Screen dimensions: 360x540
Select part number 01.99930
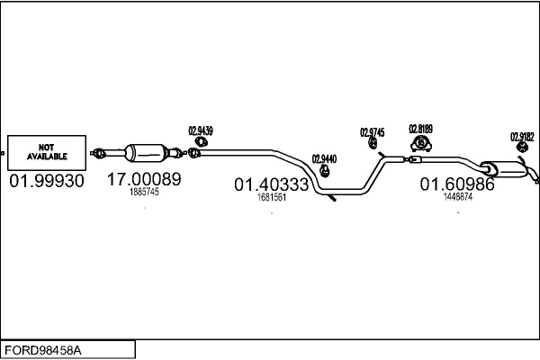click(x=47, y=182)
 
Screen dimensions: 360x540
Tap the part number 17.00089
click(x=144, y=179)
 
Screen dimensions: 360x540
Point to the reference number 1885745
click(x=143, y=193)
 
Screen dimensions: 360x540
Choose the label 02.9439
click(x=201, y=130)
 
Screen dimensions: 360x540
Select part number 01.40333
click(x=272, y=185)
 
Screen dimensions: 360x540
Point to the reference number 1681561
click(x=272, y=198)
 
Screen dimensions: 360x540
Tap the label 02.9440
click(x=324, y=159)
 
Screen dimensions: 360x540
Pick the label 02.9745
click(x=372, y=132)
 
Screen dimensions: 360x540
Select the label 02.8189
click(x=420, y=128)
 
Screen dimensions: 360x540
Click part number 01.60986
click(x=457, y=184)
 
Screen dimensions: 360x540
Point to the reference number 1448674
click(x=457, y=197)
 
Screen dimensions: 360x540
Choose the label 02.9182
click(x=521, y=137)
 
